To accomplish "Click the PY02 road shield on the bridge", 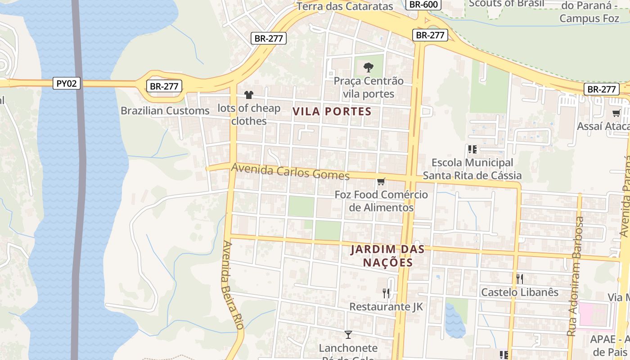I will [x=67, y=83].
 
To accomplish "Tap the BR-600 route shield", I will [x=423, y=4].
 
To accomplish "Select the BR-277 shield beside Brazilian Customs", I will [x=164, y=86].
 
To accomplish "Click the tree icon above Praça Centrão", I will [x=369, y=67].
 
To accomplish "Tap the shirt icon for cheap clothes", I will [x=248, y=94].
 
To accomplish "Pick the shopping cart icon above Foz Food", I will [x=381, y=181].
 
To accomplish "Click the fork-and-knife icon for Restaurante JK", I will [x=386, y=293].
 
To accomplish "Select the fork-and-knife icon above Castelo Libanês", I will [x=519, y=279].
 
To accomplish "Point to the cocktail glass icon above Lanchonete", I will [x=348, y=334].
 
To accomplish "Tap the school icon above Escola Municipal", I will [x=472, y=149].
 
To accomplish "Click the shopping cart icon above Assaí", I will [x=616, y=113].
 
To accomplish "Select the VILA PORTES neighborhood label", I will [x=332, y=112].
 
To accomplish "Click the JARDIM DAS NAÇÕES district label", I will [x=387, y=256].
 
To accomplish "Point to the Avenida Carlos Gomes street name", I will [x=290, y=171].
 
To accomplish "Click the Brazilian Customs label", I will [x=165, y=111].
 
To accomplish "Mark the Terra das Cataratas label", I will [x=345, y=6].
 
